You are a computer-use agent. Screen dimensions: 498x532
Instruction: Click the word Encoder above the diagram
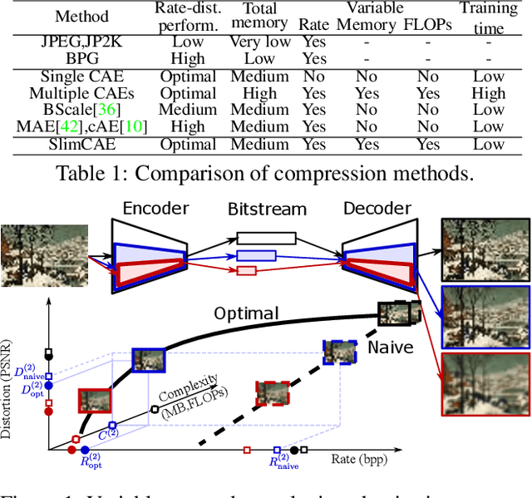pos(157,208)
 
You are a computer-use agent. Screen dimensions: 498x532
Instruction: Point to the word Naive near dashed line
pos(390,346)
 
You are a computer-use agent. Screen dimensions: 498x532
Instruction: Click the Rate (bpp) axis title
pos(360,457)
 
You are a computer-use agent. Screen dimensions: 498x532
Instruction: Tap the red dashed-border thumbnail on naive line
pos(273,393)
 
